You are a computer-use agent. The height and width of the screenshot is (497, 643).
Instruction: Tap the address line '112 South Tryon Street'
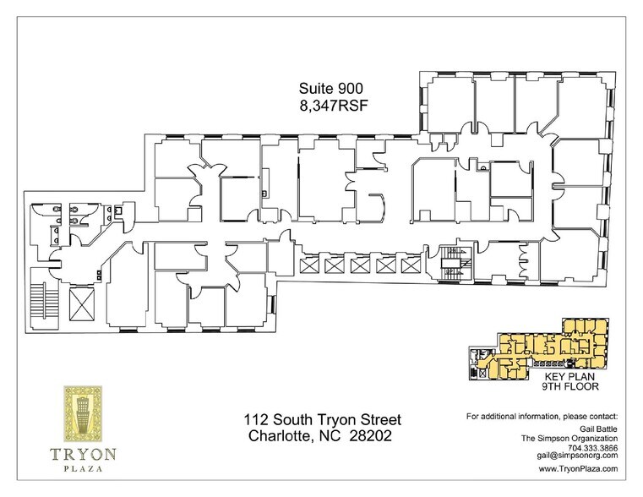click(322, 420)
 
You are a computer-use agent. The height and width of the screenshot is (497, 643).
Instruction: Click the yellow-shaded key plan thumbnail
click(549, 348)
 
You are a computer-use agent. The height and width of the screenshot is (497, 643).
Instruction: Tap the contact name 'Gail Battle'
click(596, 429)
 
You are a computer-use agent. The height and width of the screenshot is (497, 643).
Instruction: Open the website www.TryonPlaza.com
click(578, 467)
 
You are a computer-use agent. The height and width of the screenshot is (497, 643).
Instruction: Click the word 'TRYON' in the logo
click(83, 452)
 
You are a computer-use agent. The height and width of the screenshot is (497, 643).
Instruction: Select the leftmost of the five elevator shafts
click(308, 266)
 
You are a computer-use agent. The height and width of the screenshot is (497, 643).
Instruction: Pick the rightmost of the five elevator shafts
click(410, 266)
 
